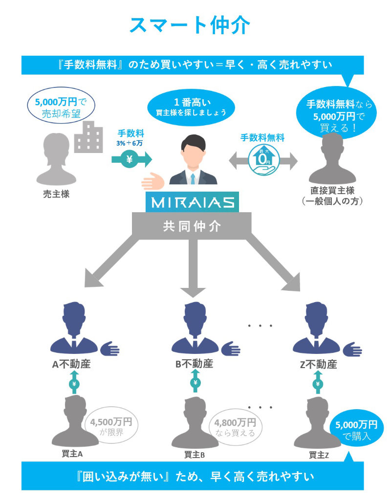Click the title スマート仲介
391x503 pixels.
click(x=190, y=25)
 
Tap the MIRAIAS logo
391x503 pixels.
click(x=192, y=202)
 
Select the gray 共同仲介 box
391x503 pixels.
click(x=192, y=226)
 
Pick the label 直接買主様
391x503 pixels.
click(x=332, y=191)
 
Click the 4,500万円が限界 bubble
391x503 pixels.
click(x=111, y=427)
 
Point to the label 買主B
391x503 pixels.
click(x=195, y=455)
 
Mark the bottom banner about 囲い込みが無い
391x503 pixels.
click(x=192, y=475)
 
